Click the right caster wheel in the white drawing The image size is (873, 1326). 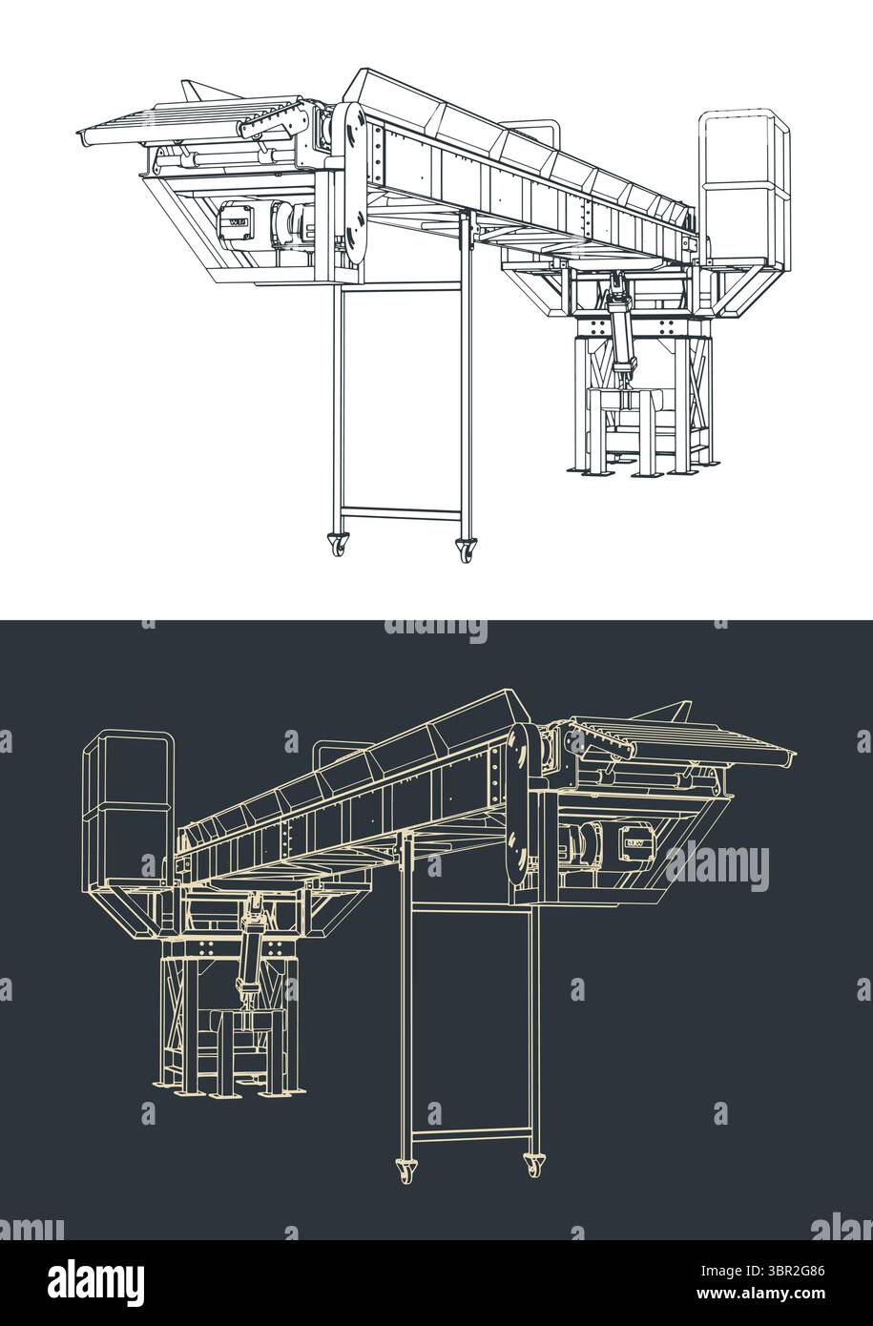pyautogui.click(x=466, y=550)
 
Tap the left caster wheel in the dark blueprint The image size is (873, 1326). pyautogui.click(x=405, y=1169)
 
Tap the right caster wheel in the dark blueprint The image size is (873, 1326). pyautogui.click(x=532, y=1164)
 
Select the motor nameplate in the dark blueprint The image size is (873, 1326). pyautogui.click(x=634, y=842)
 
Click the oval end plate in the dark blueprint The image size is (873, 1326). pyautogui.click(x=520, y=806)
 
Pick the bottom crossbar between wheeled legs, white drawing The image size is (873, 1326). pyautogui.click(x=402, y=512)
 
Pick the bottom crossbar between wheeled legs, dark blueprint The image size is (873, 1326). pyautogui.click(x=468, y=1134)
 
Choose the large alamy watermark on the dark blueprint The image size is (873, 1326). pyautogui.click(x=716, y=864)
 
